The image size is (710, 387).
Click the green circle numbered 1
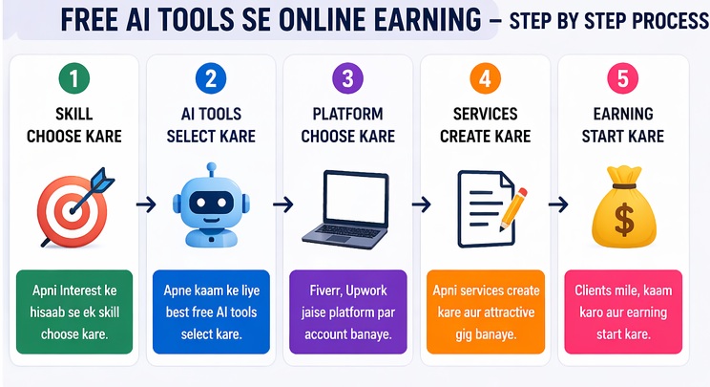click(73, 79)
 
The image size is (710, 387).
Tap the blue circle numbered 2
click(210, 79)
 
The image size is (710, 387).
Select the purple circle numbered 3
click(347, 79)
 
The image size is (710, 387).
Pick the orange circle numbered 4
click(485, 79)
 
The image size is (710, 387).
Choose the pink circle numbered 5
click(622, 79)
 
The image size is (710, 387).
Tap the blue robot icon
click(210, 205)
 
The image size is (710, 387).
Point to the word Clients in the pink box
click(597, 290)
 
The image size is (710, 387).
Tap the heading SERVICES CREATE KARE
click(485, 125)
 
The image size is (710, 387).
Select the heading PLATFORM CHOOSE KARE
click(347, 125)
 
